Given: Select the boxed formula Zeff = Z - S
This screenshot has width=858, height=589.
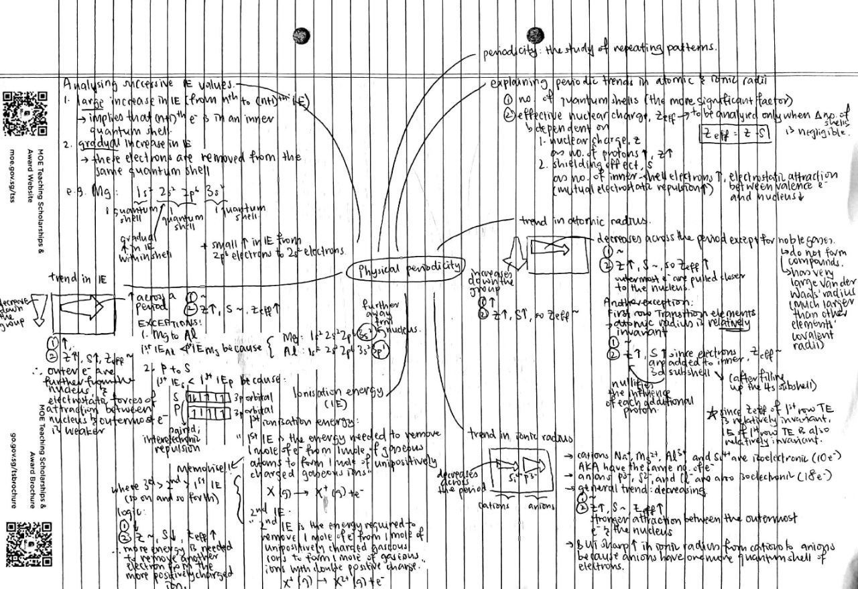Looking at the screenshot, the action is click(x=735, y=133).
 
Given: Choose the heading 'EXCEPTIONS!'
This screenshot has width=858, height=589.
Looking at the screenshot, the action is click(x=164, y=322).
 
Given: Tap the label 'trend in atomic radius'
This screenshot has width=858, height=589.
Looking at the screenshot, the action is click(x=560, y=221).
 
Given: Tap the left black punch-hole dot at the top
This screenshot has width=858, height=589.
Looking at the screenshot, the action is click(x=302, y=34).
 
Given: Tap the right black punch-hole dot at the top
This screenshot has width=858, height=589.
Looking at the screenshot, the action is click(x=536, y=34).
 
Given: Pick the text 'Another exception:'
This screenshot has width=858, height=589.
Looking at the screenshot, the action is click(x=635, y=302).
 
